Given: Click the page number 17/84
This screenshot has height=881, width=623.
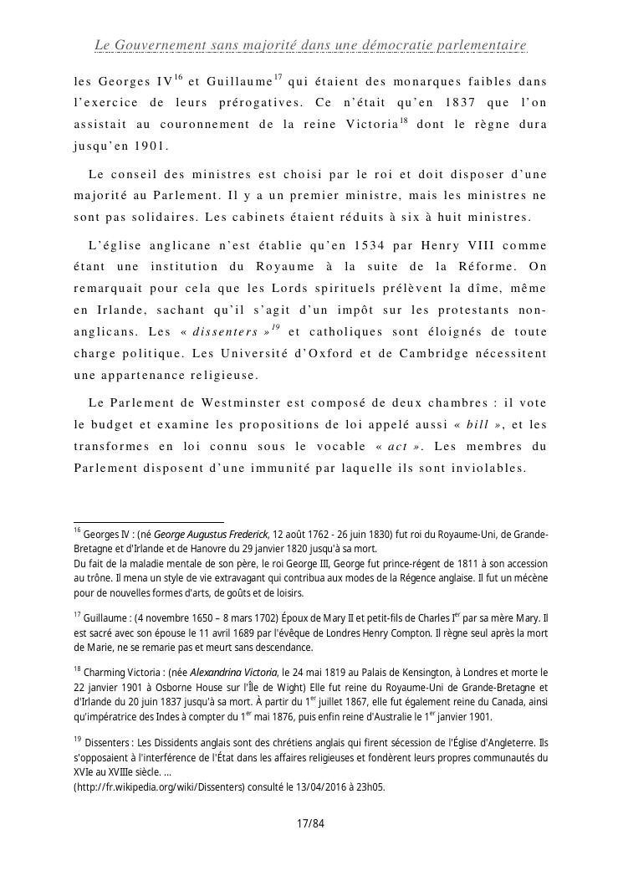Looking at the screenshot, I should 310,824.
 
